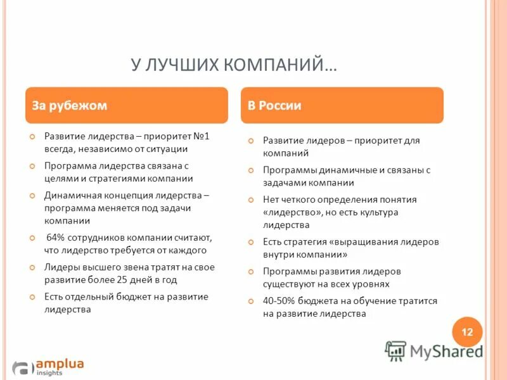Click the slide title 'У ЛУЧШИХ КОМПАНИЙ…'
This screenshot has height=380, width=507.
[x=234, y=65]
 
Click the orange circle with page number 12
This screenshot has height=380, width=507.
[x=467, y=332]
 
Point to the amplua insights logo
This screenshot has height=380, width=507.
[x=48, y=366]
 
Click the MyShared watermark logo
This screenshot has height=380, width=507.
[x=433, y=350]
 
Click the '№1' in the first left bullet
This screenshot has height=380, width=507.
[x=201, y=136]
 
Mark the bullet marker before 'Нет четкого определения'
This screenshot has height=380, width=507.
[x=250, y=199]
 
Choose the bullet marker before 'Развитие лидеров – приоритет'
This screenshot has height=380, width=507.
[x=250, y=141]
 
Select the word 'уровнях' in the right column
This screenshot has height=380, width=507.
[x=370, y=284]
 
